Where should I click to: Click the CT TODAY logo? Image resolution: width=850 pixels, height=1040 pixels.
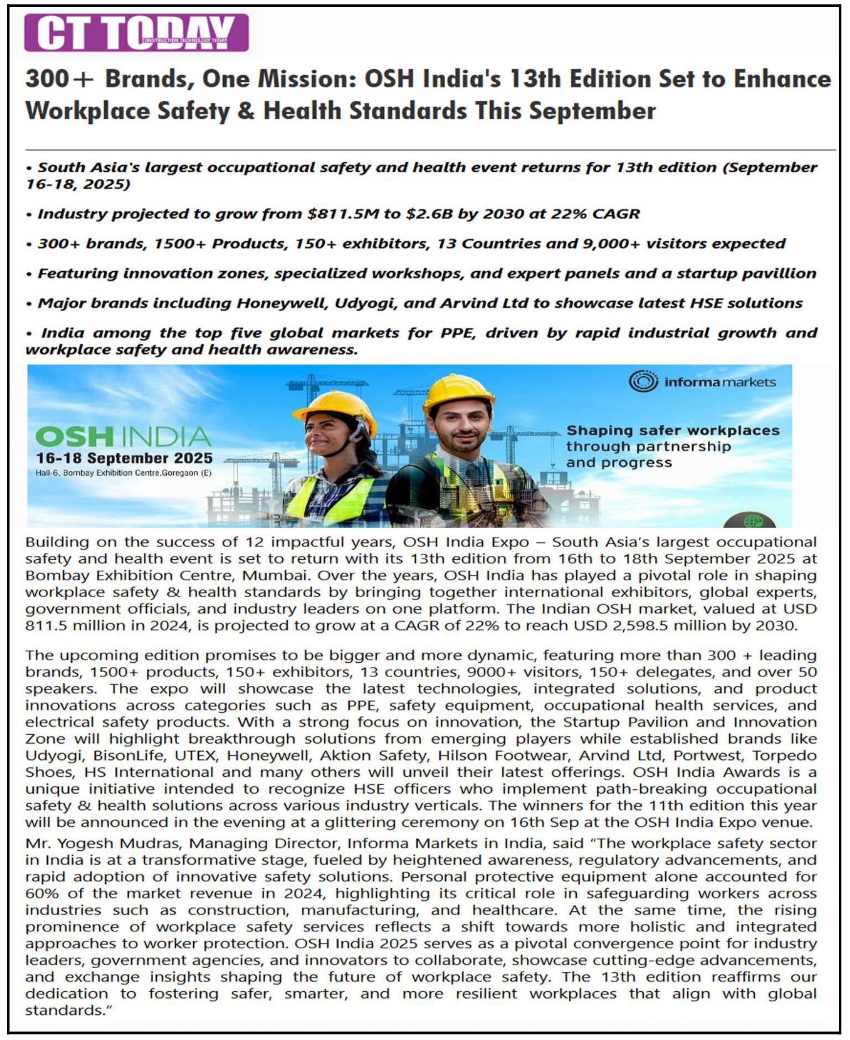(x=136, y=33)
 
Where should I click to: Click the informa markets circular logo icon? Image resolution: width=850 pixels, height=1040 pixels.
(x=643, y=381)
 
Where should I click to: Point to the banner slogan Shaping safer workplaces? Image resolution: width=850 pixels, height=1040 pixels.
(x=672, y=431)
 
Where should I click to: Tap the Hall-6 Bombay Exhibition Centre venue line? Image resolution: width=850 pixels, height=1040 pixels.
(x=123, y=473)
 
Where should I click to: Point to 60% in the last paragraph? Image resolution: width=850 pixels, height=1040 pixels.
(x=42, y=893)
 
